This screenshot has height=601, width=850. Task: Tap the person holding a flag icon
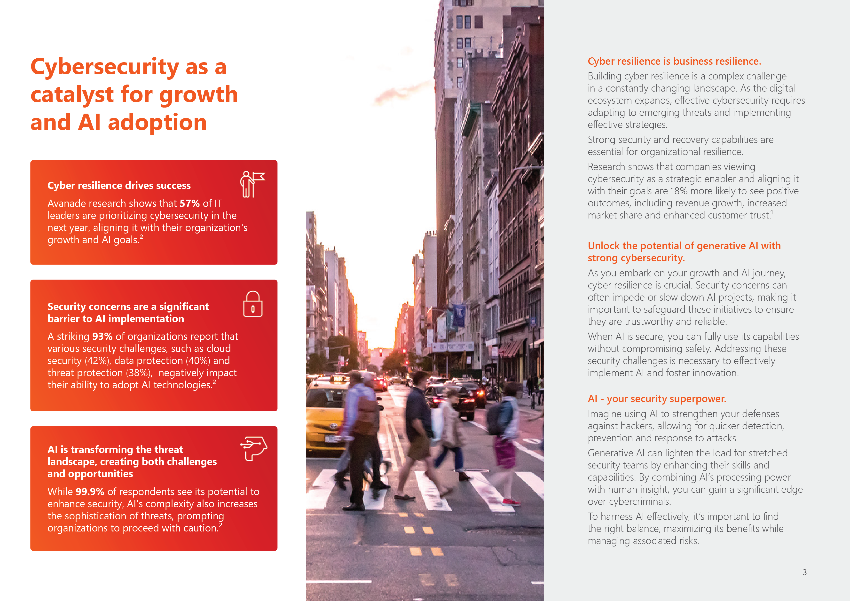[252, 184]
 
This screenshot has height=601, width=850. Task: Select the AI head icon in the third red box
[254, 449]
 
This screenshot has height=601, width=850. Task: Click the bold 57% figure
[189, 203]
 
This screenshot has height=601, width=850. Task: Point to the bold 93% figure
[102, 336]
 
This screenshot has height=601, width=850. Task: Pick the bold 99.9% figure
[90, 492]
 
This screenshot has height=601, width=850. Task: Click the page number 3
[804, 572]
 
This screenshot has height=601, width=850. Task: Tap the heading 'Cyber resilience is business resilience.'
[674, 62]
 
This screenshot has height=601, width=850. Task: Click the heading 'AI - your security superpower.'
[657, 399]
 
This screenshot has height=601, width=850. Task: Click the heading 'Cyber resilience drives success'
[119, 185]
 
